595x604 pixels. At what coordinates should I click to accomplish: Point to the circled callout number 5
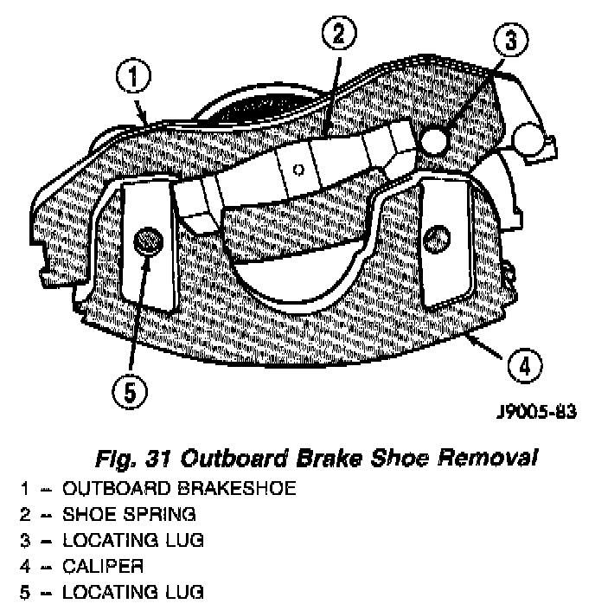(130, 393)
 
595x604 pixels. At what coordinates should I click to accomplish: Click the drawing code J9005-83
(535, 413)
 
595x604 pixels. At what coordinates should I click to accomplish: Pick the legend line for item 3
(113, 540)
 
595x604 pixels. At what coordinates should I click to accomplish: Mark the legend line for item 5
(113, 592)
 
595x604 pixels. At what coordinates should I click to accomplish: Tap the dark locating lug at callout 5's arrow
(149, 240)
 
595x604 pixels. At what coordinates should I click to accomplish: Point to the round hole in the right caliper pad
(439, 235)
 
